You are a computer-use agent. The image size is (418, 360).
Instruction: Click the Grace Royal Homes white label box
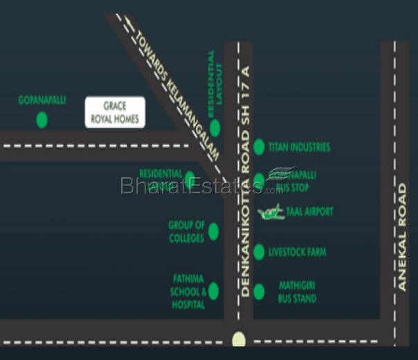[x=113, y=112]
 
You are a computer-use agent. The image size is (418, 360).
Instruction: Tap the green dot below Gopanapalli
[x=42, y=119]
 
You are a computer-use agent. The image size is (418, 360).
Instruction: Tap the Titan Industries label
[x=299, y=147]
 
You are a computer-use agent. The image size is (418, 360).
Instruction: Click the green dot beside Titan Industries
[x=259, y=146]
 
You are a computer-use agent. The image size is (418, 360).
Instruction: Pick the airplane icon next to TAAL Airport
[x=271, y=212]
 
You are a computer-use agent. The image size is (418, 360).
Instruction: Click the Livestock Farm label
[x=297, y=252]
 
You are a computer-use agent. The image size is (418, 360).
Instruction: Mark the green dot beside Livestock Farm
[x=259, y=252]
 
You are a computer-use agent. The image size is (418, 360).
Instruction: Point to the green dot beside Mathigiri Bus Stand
[x=259, y=291]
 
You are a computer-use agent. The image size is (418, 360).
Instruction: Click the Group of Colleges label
[x=186, y=232]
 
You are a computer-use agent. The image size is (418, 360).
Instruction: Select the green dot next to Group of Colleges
[x=214, y=232]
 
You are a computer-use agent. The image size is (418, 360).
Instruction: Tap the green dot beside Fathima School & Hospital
[x=214, y=291]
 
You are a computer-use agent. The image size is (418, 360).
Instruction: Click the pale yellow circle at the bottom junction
[x=239, y=339]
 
